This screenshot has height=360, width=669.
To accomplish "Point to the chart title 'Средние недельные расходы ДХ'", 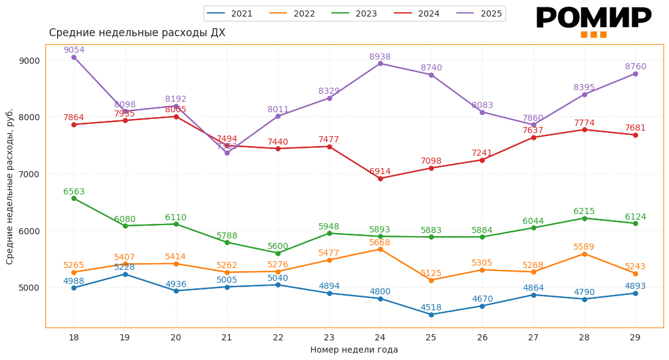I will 137,33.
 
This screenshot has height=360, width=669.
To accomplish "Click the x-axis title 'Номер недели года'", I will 354,350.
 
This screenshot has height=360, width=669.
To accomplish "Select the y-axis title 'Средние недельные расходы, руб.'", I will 10,186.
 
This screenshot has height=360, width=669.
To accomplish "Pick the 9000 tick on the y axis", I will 29,61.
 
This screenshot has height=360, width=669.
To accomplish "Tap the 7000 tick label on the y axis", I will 29,174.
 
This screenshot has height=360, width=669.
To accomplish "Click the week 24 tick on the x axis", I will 380,338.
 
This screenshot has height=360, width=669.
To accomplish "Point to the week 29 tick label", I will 635,338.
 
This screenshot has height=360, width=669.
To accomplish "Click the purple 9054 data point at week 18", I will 74,57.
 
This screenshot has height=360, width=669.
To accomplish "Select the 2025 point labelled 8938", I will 380,63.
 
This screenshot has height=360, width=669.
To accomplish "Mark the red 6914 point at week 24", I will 380,178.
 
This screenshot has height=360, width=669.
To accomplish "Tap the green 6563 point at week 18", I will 74,199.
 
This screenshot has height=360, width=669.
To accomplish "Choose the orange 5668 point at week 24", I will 380,249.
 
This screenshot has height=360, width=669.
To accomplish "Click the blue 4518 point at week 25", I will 431,315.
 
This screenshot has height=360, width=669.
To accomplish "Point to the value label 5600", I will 278,247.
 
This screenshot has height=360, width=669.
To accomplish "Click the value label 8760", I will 635,67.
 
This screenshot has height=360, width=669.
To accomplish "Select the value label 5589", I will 584,247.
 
